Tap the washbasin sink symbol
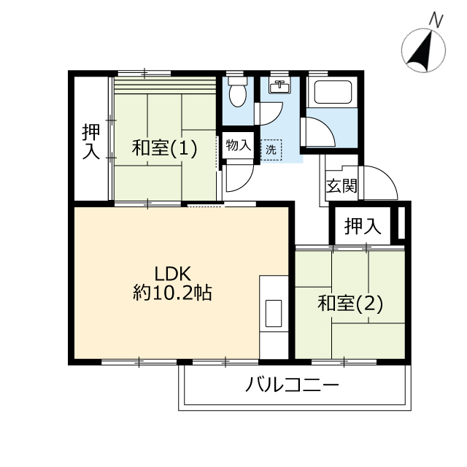[x=279, y=86]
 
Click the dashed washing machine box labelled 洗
[x=271, y=150]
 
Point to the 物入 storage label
[x=239, y=145]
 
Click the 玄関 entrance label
[x=341, y=186]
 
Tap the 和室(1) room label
[x=164, y=147]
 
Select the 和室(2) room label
[x=350, y=304]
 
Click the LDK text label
[x=172, y=274]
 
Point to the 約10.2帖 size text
[x=172, y=293]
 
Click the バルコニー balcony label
[x=292, y=385]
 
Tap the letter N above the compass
[x=436, y=21]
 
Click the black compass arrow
[x=420, y=51]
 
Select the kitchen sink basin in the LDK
[x=274, y=313]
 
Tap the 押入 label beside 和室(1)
[x=90, y=141]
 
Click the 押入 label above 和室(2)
[x=363, y=225]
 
